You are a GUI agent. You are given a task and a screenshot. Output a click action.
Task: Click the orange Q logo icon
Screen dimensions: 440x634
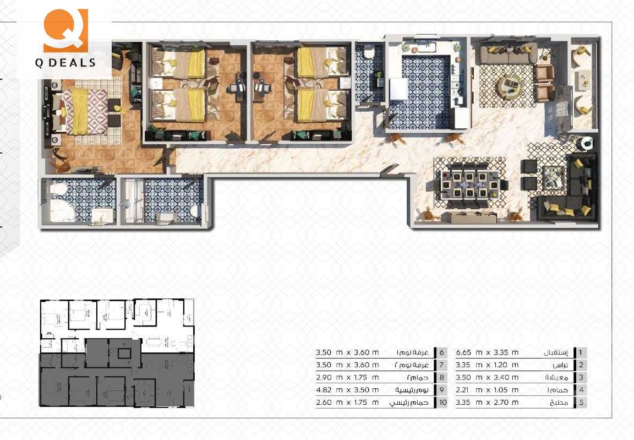[65, 30]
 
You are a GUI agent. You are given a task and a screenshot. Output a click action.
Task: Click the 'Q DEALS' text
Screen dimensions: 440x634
[65, 63]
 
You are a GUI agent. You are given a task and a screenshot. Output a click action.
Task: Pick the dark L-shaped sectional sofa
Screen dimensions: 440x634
[575, 190]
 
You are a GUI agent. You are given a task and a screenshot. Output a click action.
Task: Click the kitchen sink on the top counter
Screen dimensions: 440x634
[425, 48]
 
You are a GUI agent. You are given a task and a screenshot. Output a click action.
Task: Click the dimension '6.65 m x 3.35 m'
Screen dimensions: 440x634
[487, 352]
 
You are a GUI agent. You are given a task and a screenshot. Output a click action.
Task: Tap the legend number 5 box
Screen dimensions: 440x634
[580, 403]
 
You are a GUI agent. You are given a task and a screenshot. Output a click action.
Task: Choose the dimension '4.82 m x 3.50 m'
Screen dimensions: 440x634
[347, 390]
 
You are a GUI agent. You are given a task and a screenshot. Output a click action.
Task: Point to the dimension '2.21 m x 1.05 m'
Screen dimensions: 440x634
[487, 390]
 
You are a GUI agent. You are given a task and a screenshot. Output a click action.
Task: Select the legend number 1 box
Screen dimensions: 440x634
[580, 352]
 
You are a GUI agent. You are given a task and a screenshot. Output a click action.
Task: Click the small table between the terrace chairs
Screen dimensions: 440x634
[581, 80]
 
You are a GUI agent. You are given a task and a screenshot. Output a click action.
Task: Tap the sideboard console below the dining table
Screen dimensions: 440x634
[469, 218]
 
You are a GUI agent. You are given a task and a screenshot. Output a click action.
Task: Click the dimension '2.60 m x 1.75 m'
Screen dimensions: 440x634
[347, 403]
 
